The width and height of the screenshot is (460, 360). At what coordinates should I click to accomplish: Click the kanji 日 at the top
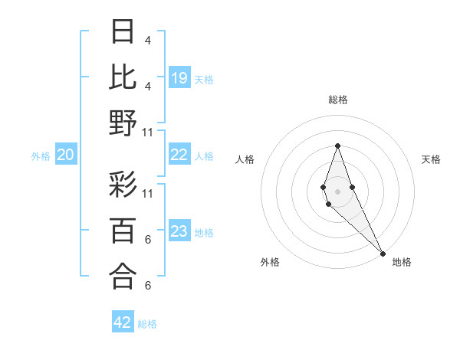123,33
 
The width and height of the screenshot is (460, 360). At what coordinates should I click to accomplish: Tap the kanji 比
123,77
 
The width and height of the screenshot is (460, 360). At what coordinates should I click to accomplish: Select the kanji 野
123,123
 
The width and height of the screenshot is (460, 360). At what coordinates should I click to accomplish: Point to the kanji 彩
123,186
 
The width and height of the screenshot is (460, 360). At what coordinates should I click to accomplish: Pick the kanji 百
123,231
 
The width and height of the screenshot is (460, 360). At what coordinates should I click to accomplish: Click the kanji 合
123,276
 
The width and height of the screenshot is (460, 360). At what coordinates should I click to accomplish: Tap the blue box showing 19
179,78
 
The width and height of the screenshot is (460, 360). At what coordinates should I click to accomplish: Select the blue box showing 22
179,155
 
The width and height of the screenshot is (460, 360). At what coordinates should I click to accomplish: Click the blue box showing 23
179,232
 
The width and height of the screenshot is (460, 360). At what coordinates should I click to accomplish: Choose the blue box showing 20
65,155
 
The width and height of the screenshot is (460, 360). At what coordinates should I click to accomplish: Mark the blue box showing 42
123,322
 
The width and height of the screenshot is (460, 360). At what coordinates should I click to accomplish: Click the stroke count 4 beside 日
147,40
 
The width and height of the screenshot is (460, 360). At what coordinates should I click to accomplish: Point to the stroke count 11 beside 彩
148,193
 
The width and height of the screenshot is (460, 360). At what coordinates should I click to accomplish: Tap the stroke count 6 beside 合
147,286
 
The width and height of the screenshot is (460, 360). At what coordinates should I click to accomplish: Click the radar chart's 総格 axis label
337,100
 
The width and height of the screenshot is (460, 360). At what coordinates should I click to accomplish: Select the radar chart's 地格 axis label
402,262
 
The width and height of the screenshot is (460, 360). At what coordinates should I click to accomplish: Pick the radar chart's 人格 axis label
245,159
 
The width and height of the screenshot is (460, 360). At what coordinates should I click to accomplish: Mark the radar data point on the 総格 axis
337,146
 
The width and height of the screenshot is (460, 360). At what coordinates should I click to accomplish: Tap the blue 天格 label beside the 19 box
204,79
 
